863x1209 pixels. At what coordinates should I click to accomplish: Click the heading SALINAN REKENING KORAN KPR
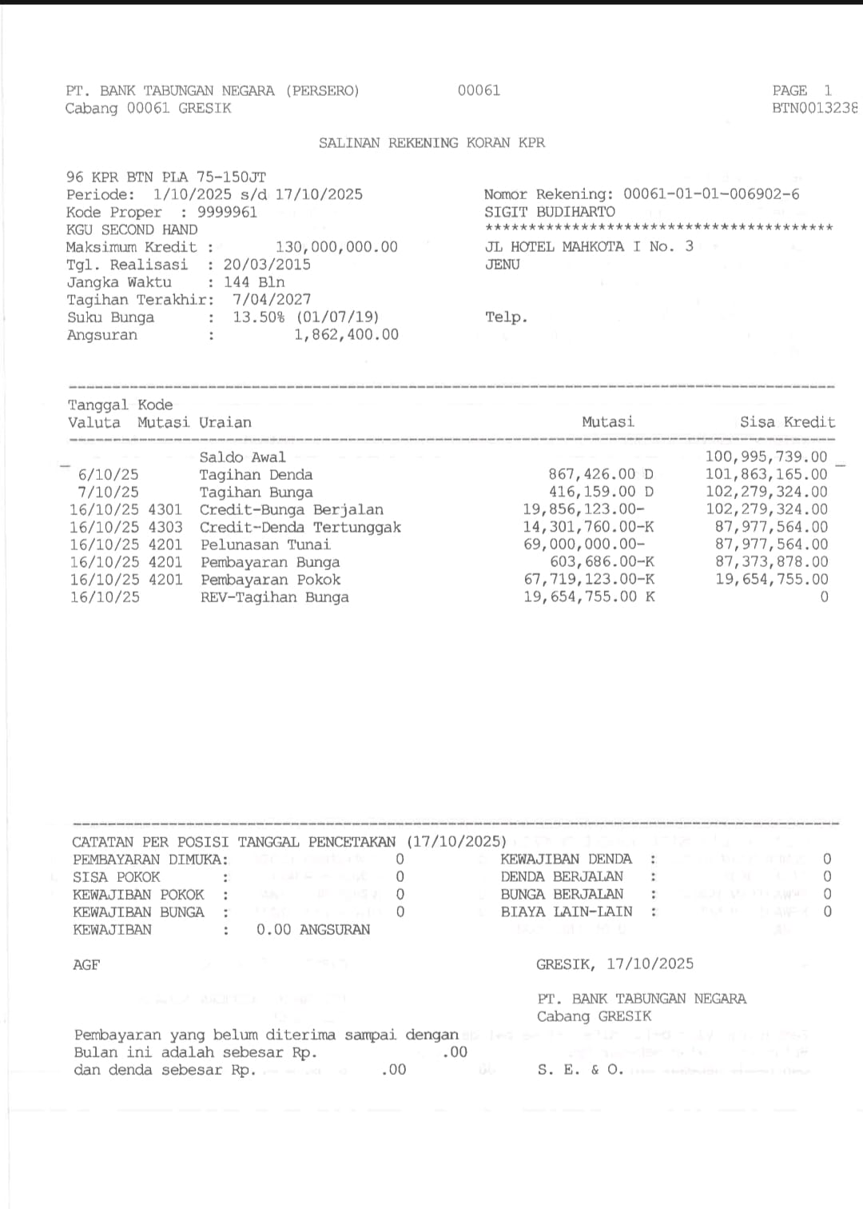click(x=431, y=143)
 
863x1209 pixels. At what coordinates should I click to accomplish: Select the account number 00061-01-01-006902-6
click(x=711, y=194)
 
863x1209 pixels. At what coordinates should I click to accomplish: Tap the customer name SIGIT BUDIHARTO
click(x=550, y=212)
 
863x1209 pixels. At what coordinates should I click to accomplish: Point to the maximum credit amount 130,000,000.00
click(x=336, y=247)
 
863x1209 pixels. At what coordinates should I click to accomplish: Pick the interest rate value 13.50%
click(x=258, y=317)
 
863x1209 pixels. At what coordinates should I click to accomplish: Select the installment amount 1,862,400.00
click(x=346, y=335)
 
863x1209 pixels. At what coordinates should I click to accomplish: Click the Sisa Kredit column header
click(x=787, y=422)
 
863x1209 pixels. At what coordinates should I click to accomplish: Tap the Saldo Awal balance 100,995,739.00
click(x=766, y=457)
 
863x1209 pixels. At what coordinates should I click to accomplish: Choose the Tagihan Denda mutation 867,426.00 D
click(x=600, y=475)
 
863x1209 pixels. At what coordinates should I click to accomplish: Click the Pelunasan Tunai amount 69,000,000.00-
click(x=584, y=545)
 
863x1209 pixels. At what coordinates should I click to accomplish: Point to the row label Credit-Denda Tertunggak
click(x=300, y=528)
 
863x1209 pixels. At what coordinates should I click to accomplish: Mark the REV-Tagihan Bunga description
click(x=274, y=597)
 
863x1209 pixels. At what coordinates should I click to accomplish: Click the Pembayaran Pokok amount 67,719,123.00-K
click(x=589, y=580)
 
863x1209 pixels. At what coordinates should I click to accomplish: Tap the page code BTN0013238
click(x=814, y=108)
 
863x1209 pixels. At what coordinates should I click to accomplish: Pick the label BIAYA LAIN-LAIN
click(x=566, y=912)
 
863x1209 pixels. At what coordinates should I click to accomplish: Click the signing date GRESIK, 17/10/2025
click(x=614, y=964)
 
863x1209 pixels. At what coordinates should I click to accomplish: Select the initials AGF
click(x=86, y=965)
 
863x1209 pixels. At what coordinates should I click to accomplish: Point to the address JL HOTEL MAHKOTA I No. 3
click(x=589, y=247)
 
